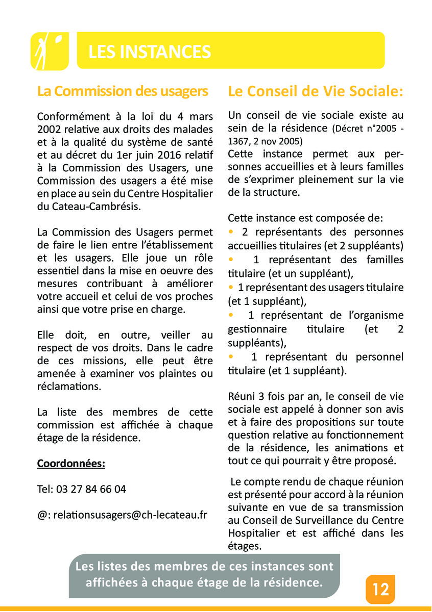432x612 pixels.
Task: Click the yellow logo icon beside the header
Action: point(50,50)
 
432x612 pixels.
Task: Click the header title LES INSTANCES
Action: point(150,52)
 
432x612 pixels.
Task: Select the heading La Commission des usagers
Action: point(123,91)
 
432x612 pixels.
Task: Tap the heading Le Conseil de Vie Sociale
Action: point(316,91)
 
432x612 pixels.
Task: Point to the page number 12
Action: point(380,590)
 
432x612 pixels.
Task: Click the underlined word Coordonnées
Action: point(71,464)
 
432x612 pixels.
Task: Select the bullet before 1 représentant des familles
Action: point(231,259)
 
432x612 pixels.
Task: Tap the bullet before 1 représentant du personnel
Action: point(231,356)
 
